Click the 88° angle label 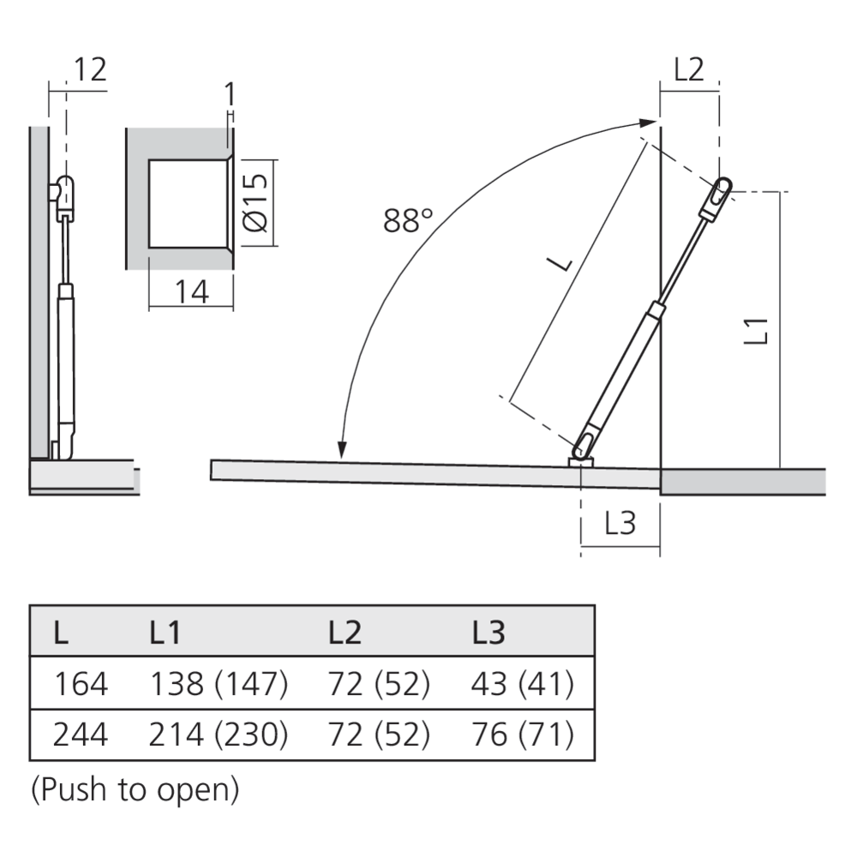coord(408,220)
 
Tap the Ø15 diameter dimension coord(255,203)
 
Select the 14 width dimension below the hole coord(192,291)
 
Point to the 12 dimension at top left coord(90,69)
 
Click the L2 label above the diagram coord(689,69)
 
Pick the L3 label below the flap coord(620,523)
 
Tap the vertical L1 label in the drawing coord(757,331)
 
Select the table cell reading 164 coord(81,684)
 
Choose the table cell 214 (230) coord(218,734)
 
